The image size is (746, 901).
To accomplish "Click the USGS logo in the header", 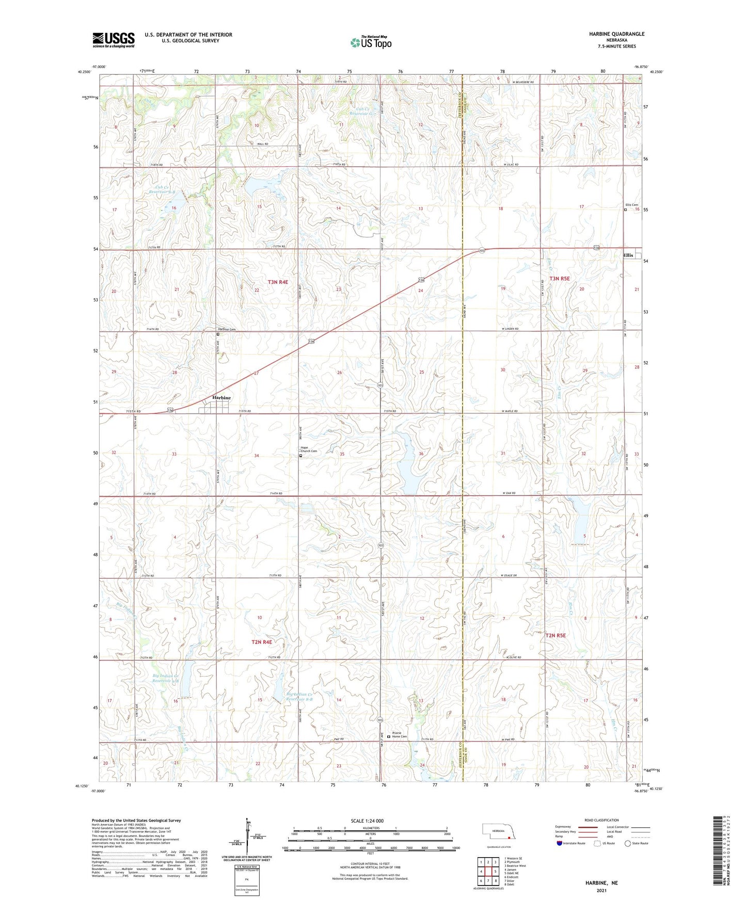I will click(x=114, y=40).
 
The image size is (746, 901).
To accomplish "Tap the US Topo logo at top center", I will click(x=371, y=42).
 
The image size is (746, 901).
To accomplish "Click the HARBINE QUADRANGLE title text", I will click(x=616, y=34).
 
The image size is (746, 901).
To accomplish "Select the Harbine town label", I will click(x=221, y=398).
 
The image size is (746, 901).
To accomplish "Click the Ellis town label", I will click(x=628, y=255).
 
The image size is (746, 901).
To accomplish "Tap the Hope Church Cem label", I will click(x=308, y=449).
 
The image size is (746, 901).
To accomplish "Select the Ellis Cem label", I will click(x=631, y=205).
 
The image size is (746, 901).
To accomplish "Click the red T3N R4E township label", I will click(x=278, y=282).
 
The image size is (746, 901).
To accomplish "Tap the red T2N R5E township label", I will click(x=555, y=635).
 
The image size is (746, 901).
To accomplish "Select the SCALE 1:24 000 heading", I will click(x=367, y=820).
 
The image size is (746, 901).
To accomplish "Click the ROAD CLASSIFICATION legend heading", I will click(x=601, y=820).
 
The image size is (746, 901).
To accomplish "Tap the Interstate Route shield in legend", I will click(x=560, y=843).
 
